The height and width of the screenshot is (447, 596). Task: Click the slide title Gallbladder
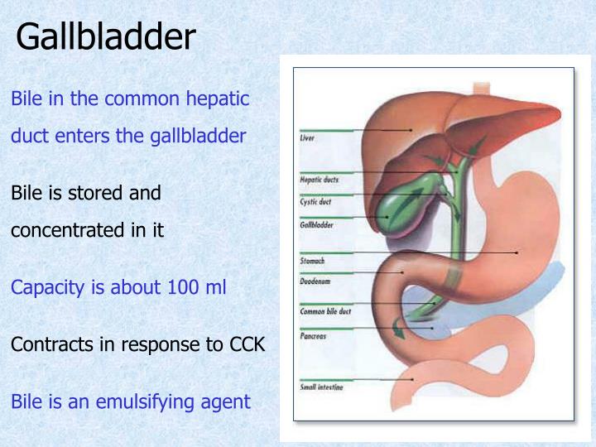pyautogui.click(x=106, y=36)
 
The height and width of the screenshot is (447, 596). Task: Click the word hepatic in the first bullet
pyautogui.click(x=218, y=99)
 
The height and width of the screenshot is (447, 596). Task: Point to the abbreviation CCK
pyautogui.click(x=247, y=344)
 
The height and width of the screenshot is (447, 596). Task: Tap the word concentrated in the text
pyautogui.click(x=69, y=231)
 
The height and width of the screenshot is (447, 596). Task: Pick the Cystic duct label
pyautogui.click(x=315, y=201)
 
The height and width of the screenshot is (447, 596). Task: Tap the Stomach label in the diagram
pyautogui.click(x=311, y=261)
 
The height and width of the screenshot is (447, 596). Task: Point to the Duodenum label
pyautogui.click(x=314, y=281)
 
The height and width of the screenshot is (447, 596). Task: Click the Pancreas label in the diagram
pyautogui.click(x=312, y=336)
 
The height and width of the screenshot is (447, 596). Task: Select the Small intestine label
pyautogui.click(x=320, y=387)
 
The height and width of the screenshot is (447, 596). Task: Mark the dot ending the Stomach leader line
pyautogui.click(x=517, y=252)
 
